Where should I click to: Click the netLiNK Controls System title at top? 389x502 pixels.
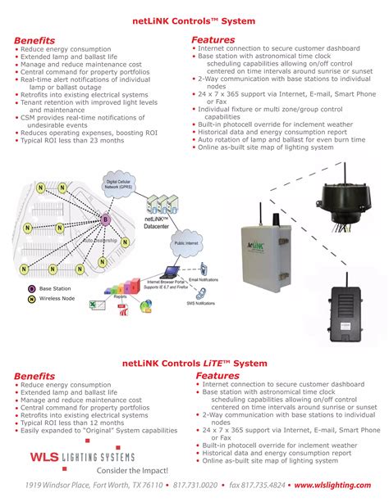(194, 20)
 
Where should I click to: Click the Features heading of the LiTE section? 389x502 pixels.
(217, 375)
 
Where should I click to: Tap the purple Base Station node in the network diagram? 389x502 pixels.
(105, 219)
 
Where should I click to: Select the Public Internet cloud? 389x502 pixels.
(190, 244)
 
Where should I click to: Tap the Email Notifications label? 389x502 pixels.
(205, 280)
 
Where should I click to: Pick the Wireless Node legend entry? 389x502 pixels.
(55, 299)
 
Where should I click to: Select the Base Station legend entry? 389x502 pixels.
(53, 288)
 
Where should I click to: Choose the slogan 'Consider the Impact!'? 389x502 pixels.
(132, 471)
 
